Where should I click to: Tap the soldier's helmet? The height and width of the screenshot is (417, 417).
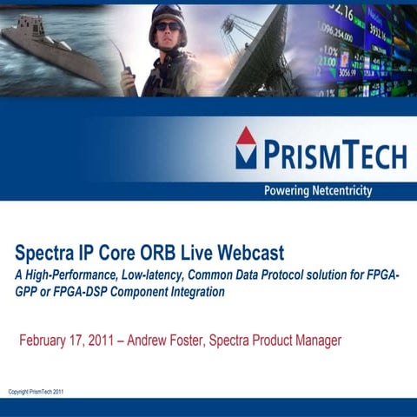point(166,19)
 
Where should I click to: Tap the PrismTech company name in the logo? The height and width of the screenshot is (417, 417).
point(334,156)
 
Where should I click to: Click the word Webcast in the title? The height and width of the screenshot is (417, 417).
point(248,254)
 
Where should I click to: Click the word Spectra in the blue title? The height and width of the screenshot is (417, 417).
point(44,254)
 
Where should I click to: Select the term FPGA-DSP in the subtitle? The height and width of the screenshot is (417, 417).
point(87,293)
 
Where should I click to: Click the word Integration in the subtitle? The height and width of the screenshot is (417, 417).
point(195,293)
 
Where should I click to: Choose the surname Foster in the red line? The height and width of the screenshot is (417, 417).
point(194,340)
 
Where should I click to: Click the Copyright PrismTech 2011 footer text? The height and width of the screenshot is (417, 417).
point(36,392)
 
